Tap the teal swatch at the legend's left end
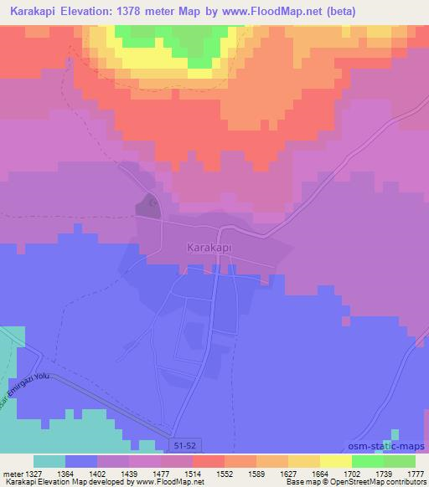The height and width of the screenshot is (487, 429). pyautogui.click(x=49, y=461)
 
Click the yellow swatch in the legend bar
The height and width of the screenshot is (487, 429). pyautogui.click(x=336, y=461)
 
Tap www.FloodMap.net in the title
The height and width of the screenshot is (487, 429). pyautogui.click(x=274, y=12)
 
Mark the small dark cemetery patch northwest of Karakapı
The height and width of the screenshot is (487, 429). pyautogui.click(x=148, y=206)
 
